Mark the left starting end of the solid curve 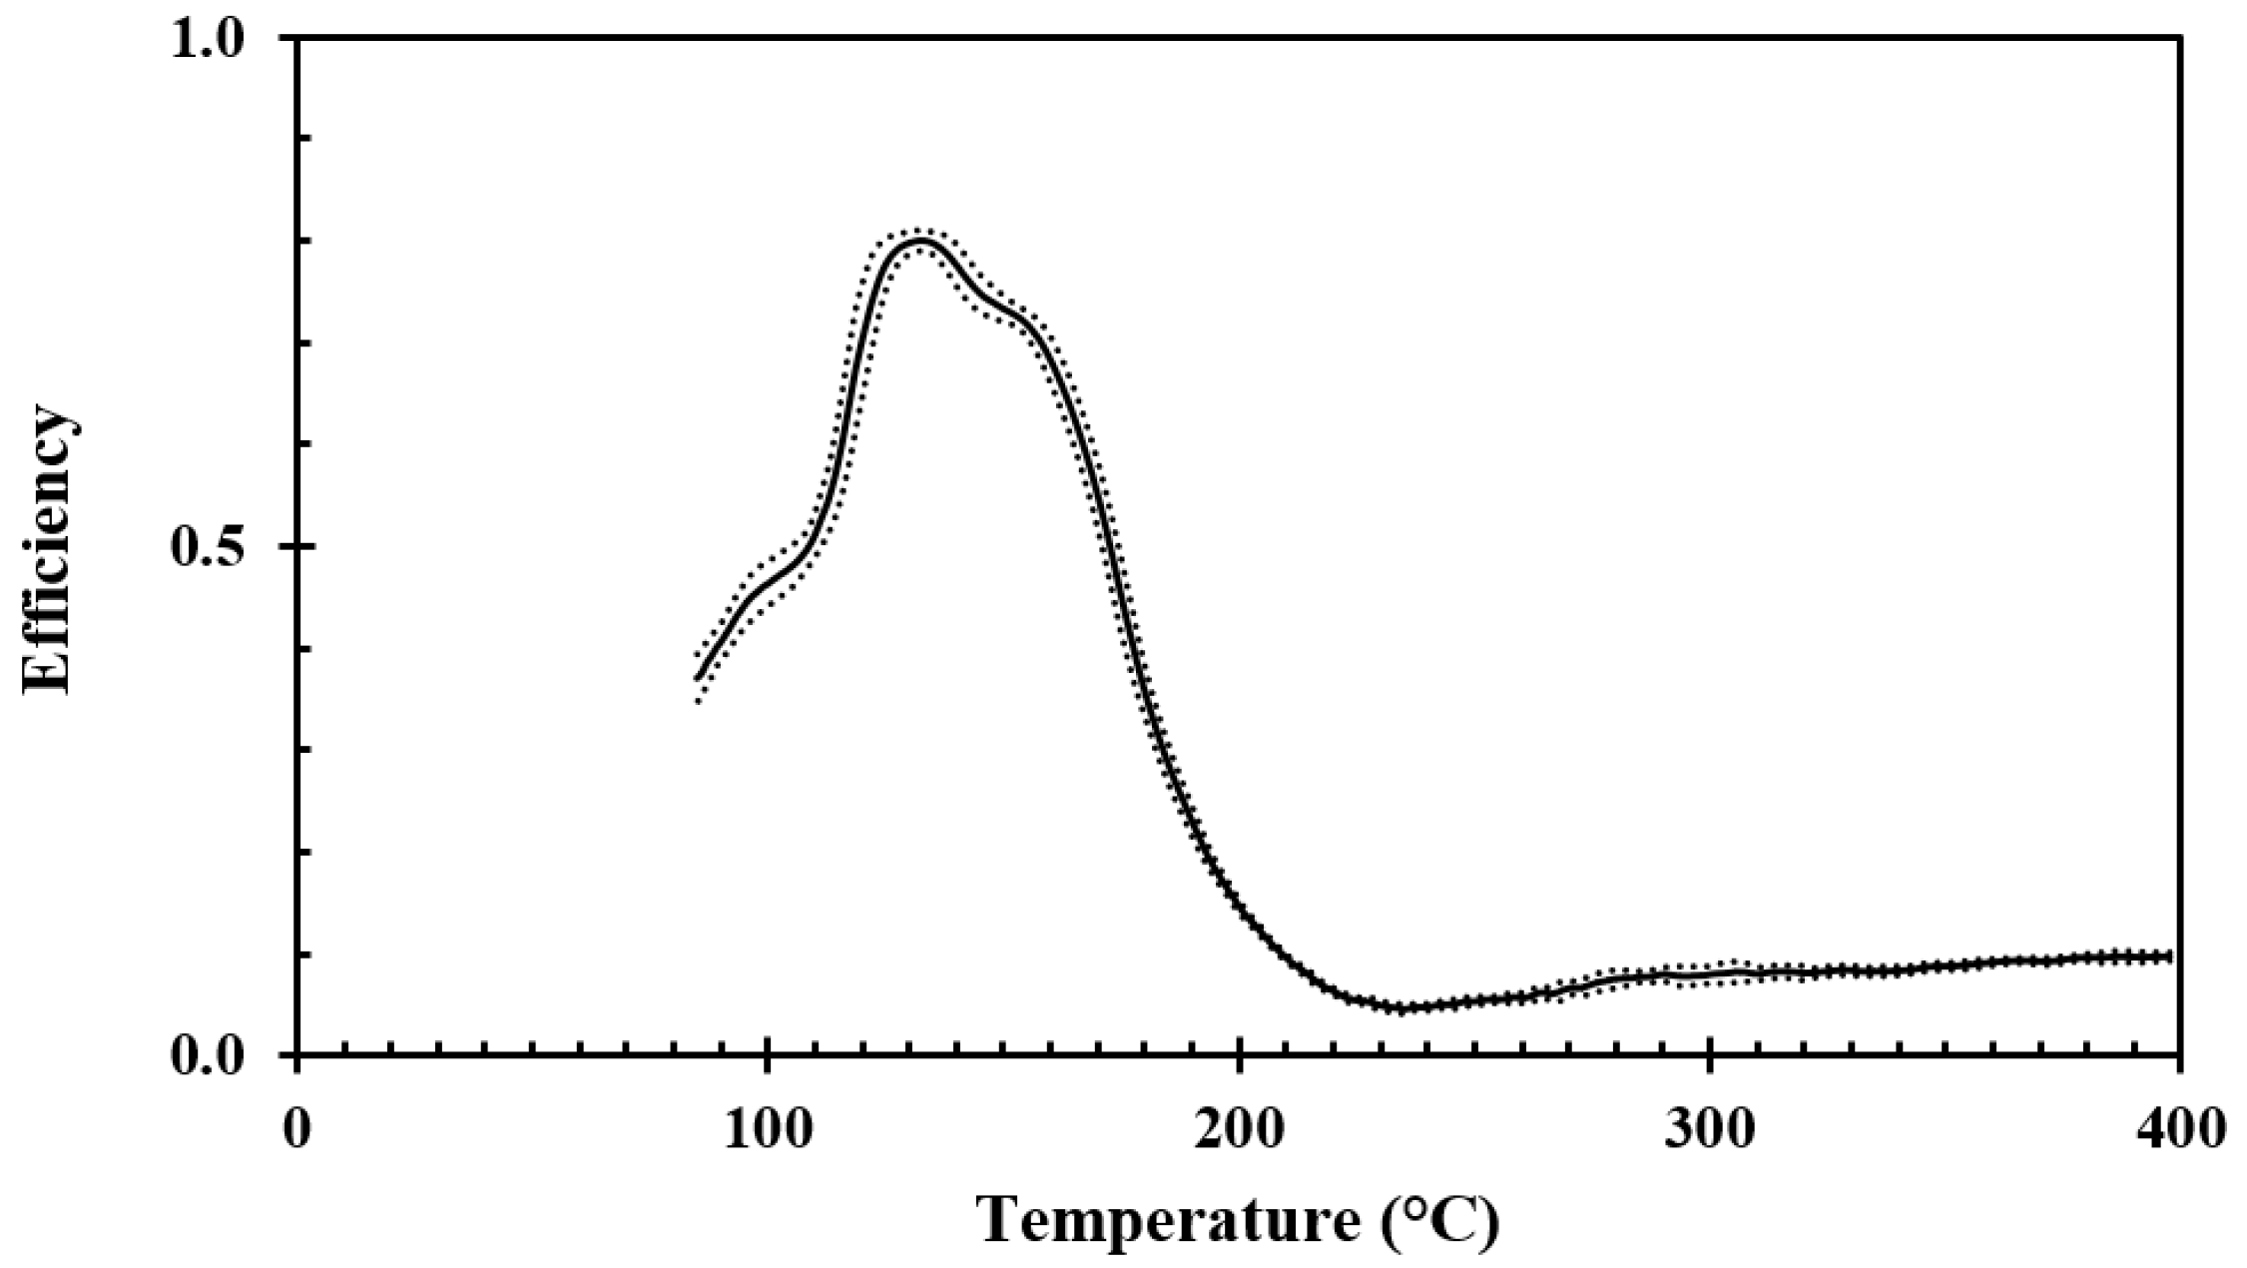tap(697, 679)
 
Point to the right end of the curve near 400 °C tap(2170, 956)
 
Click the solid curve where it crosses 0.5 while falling tap(1105, 547)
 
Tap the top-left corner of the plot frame tap(297, 38)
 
